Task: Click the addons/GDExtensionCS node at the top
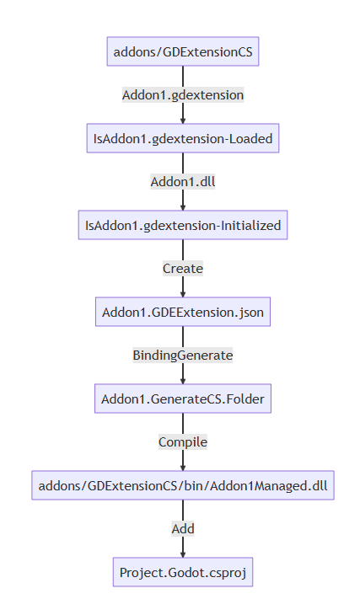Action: point(183,52)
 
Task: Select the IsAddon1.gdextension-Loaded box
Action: point(183,138)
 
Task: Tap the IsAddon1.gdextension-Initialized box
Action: point(183,225)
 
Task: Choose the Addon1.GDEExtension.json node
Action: point(183,312)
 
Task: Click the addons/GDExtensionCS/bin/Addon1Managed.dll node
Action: point(183,485)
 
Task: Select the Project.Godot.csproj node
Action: point(183,572)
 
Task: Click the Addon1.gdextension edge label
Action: point(183,95)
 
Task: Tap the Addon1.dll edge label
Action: point(183,182)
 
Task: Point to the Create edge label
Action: point(183,268)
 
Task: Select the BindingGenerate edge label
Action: point(183,355)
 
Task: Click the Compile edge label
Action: point(183,441)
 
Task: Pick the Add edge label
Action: point(183,528)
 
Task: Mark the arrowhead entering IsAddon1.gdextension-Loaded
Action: point(183,120)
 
